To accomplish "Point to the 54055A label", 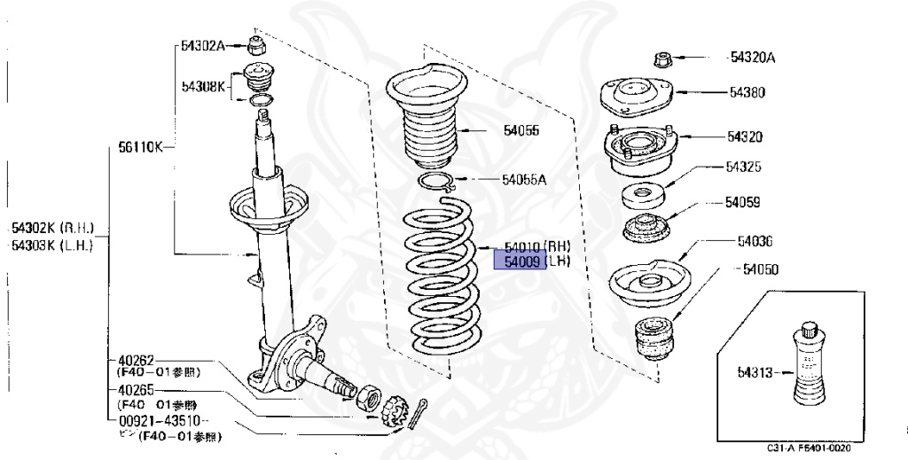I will (x=524, y=179).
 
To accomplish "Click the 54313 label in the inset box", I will (x=755, y=372).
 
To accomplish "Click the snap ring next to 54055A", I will (x=437, y=183).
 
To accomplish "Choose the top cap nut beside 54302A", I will (x=257, y=47).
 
